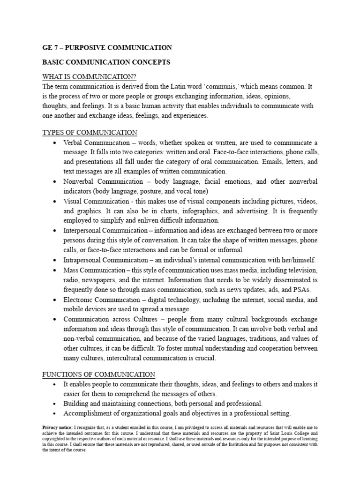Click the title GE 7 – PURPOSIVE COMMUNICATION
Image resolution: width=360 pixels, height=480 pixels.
point(107,47)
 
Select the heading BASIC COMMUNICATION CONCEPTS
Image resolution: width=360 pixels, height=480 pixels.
point(106,62)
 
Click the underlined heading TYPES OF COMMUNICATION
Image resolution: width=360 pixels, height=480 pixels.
point(90,133)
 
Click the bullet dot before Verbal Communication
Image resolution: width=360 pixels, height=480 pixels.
point(56,143)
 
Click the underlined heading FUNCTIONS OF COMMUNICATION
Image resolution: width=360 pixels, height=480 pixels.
point(98,374)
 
